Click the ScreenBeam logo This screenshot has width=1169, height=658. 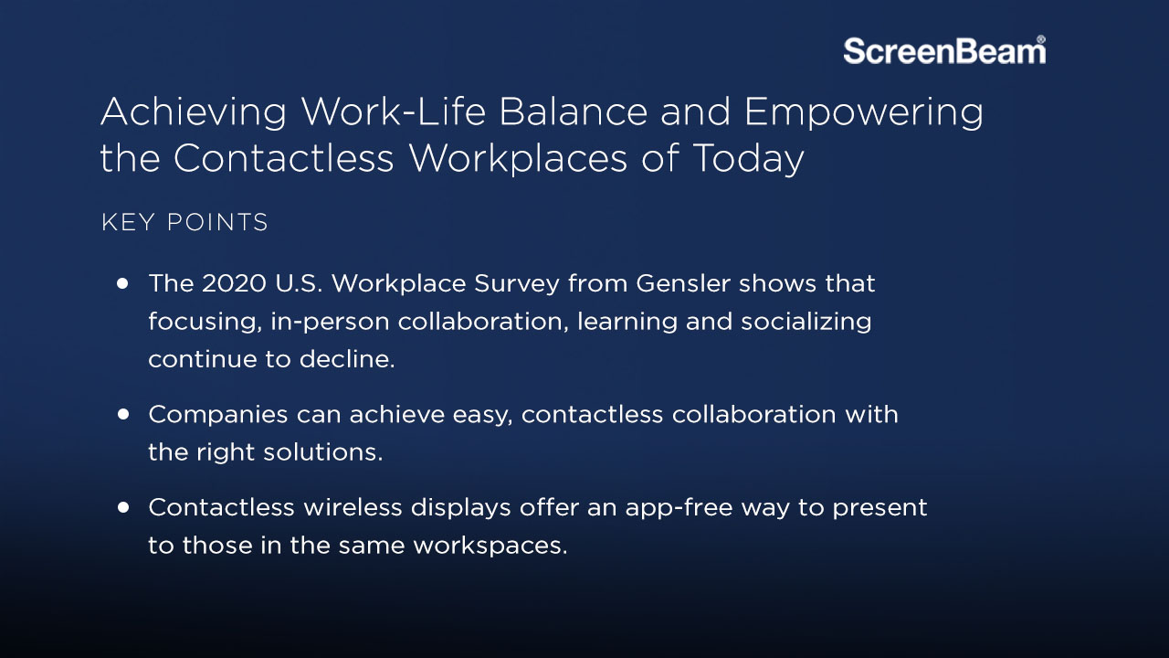[943, 50]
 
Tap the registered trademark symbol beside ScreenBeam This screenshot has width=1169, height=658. [1041, 40]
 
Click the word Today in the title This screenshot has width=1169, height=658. [748, 159]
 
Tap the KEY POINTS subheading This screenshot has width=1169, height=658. [184, 222]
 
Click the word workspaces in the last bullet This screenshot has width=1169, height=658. [490, 546]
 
